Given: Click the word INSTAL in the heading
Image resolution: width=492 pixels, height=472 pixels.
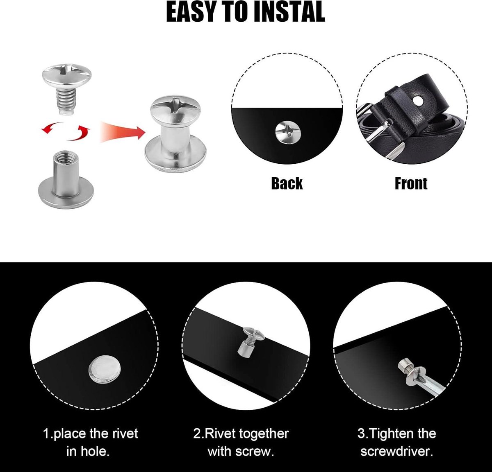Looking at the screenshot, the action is (x=289, y=12).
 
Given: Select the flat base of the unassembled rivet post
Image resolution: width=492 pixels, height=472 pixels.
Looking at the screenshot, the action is (x=66, y=193).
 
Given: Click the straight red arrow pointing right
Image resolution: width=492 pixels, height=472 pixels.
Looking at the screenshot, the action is (x=123, y=131).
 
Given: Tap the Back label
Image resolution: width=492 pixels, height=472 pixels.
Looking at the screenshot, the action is (x=287, y=183).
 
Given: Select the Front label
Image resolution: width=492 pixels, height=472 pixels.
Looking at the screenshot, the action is (x=411, y=184).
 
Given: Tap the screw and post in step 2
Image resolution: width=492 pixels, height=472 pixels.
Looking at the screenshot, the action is (x=251, y=342).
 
